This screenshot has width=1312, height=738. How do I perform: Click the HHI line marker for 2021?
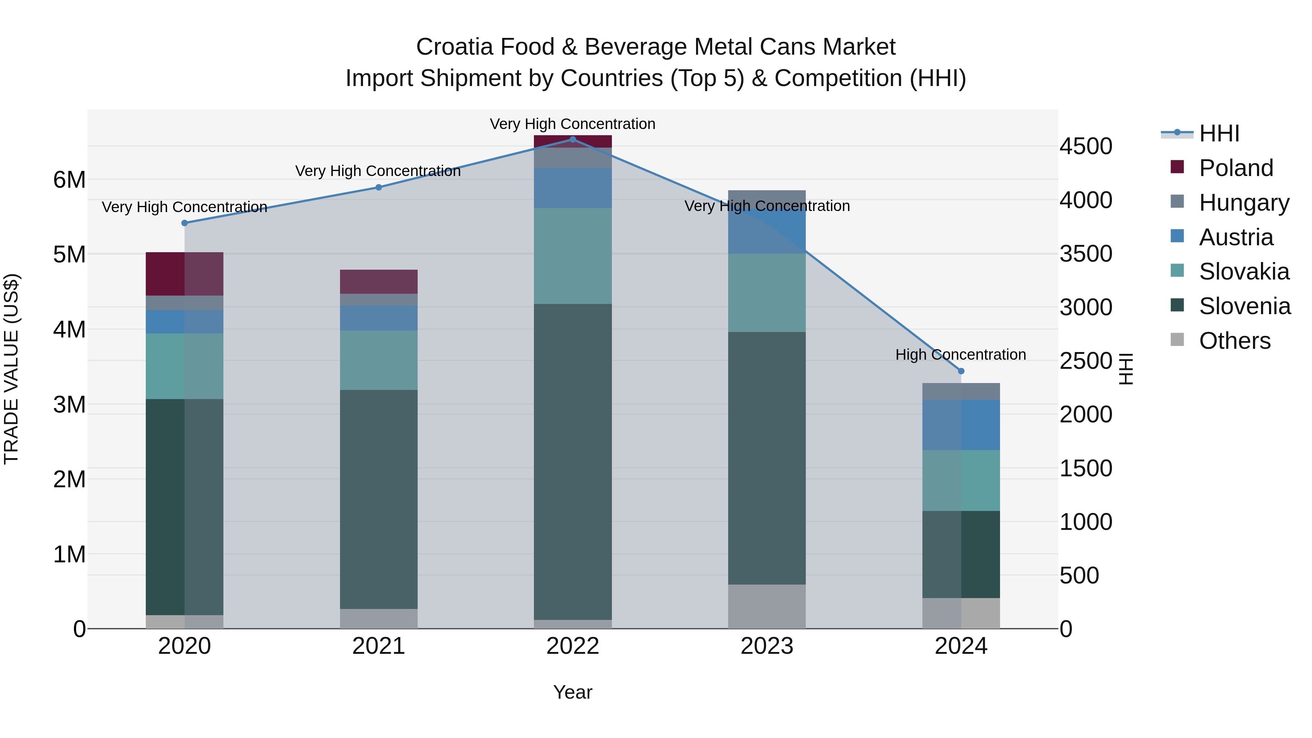click(x=378, y=187)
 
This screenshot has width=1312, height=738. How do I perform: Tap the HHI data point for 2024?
click(x=961, y=371)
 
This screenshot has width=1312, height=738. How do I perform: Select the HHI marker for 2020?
click(x=184, y=223)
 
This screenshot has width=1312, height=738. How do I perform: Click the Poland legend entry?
click(x=1235, y=168)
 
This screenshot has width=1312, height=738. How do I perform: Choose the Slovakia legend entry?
click(x=1243, y=272)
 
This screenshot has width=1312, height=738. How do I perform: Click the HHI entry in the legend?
click(x=1218, y=133)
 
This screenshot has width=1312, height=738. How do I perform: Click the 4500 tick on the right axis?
click(x=1086, y=147)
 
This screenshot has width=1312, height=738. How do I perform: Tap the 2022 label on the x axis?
click(x=573, y=646)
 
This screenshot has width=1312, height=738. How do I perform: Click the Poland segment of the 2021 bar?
click(x=378, y=282)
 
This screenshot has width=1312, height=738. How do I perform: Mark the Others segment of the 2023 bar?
click(x=766, y=606)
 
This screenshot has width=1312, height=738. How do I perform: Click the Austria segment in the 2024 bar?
click(x=961, y=425)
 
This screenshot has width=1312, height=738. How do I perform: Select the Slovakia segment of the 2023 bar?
click(x=766, y=293)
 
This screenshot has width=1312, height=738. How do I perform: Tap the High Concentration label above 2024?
click(x=961, y=355)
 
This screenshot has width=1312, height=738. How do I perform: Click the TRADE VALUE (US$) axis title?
click(x=11, y=369)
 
